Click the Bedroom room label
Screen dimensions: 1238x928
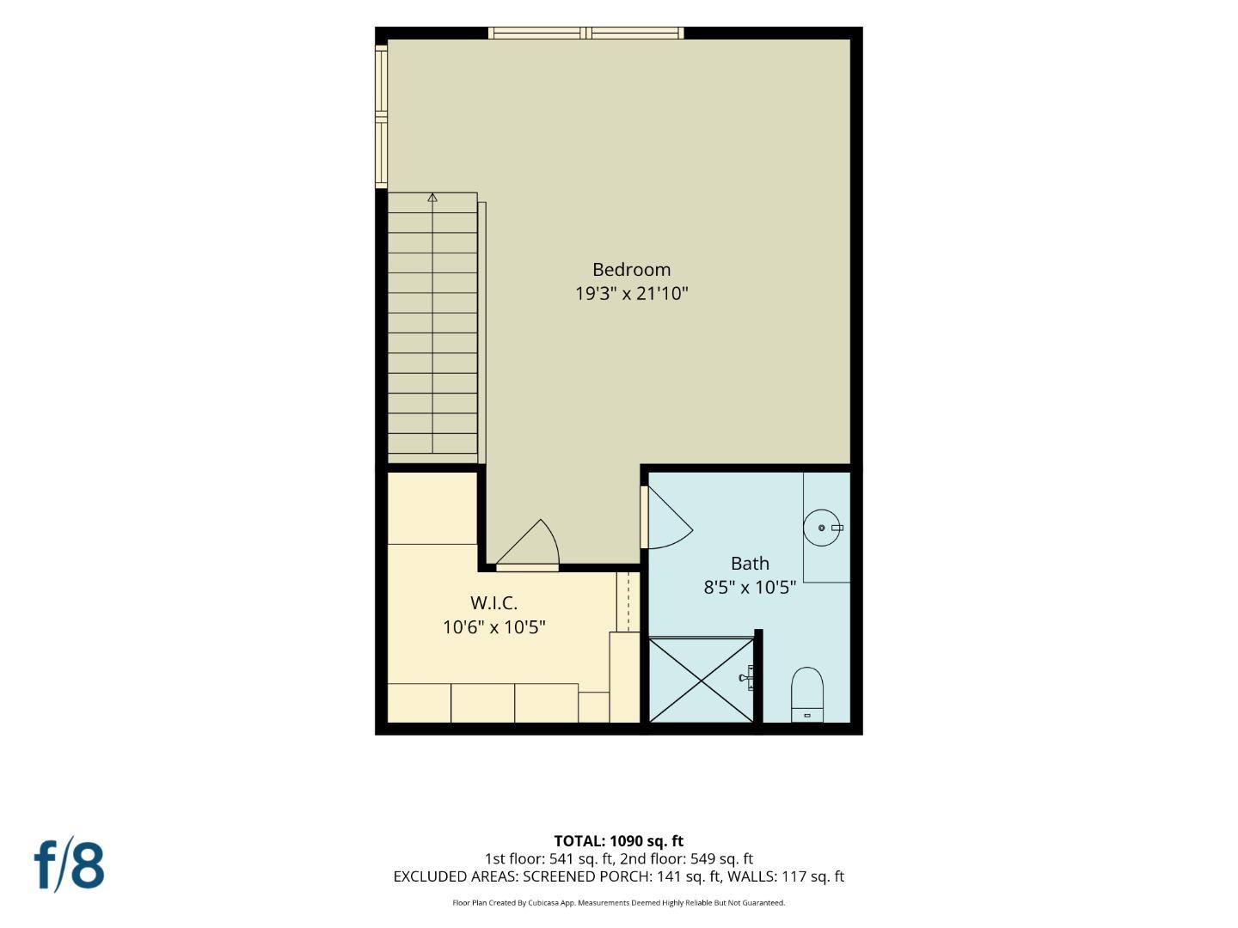[x=631, y=270]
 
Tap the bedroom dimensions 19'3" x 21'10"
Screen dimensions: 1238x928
[x=632, y=294]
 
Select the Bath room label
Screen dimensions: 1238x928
[x=750, y=564]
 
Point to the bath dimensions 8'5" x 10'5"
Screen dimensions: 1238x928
[x=750, y=588]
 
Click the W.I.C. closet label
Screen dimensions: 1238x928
[x=494, y=603]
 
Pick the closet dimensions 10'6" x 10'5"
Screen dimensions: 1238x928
[x=494, y=627]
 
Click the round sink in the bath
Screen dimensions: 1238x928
[x=823, y=528]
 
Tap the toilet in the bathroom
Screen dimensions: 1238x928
[x=807, y=695]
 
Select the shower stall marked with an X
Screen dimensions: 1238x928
[x=702, y=680]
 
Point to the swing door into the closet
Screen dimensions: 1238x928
[x=528, y=543]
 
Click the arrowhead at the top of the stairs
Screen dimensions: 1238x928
[x=432, y=198]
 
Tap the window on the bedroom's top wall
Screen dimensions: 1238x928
[x=586, y=34]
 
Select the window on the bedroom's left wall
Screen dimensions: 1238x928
[x=382, y=117]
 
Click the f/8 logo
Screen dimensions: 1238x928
[x=70, y=865]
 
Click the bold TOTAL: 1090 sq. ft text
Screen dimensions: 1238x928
[x=619, y=841]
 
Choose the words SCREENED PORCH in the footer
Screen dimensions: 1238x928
[x=585, y=876]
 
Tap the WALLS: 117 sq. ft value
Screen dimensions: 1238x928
[x=786, y=876]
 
